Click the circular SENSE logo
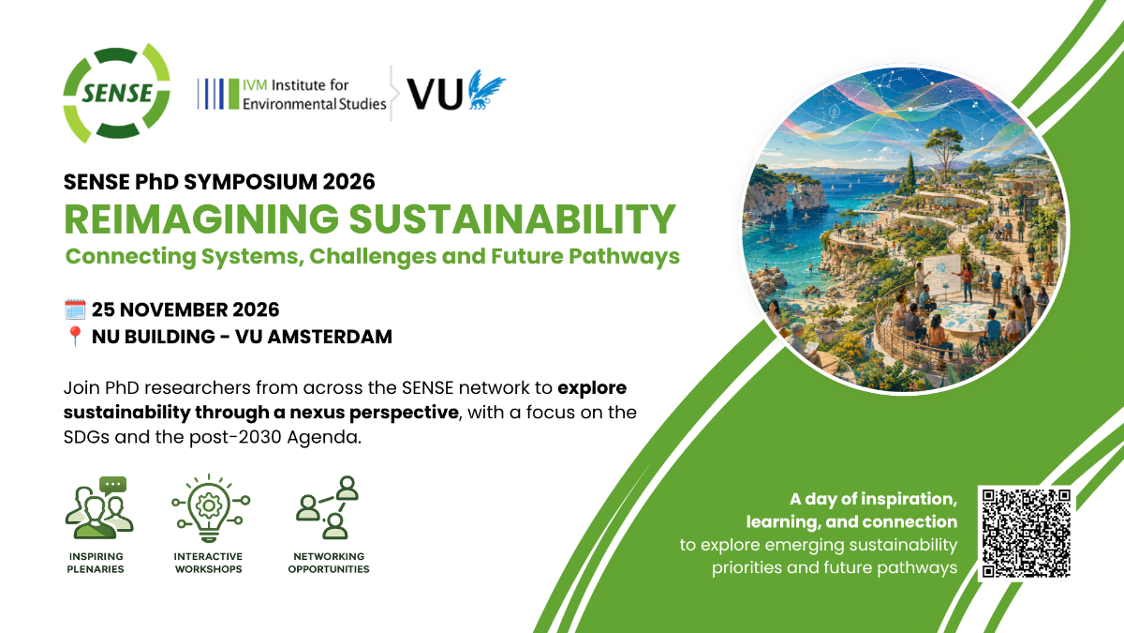pos(116,94)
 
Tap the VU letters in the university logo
pos(435,94)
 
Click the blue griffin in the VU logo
pos(486,89)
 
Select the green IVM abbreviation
pos(255,85)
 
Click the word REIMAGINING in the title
pos(201,219)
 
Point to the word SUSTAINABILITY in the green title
pos(512,219)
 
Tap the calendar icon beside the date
pos(75,309)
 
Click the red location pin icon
pos(75,336)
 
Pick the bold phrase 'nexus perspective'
pos(374,413)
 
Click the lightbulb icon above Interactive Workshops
pos(211,508)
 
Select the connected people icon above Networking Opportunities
pos(328,508)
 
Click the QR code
pos(1027,533)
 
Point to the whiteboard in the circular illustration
pos(942,274)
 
